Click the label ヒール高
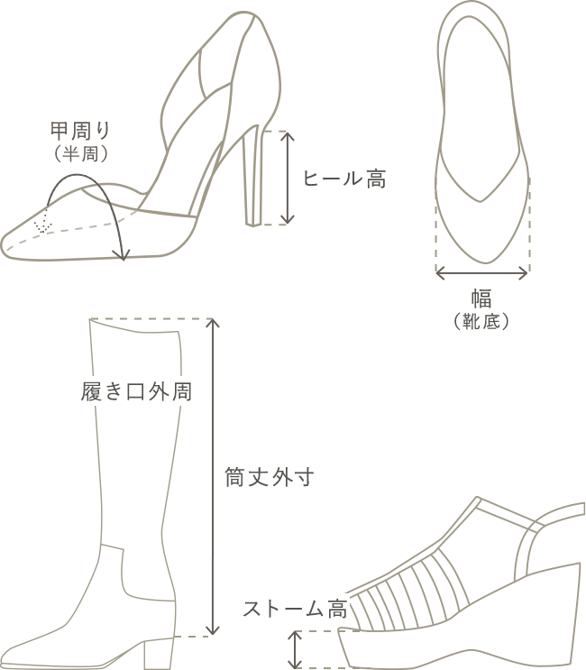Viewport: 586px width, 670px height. [x=344, y=179]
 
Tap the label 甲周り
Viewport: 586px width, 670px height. [x=81, y=131]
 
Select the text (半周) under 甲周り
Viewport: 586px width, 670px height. [x=81, y=154]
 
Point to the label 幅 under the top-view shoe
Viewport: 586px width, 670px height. [x=481, y=299]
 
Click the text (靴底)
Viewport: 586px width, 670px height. [x=481, y=321]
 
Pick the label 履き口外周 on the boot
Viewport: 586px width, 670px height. [x=136, y=391]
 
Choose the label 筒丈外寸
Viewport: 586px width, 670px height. [x=270, y=477]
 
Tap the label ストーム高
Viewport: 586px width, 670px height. [x=296, y=609]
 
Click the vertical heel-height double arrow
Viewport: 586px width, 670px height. [x=288, y=179]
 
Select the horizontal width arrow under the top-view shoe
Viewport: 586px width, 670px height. [x=481, y=272]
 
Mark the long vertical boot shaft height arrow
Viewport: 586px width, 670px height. [x=212, y=477]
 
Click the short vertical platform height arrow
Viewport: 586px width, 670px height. [x=295, y=649]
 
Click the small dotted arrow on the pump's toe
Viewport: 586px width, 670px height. [x=43, y=221]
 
